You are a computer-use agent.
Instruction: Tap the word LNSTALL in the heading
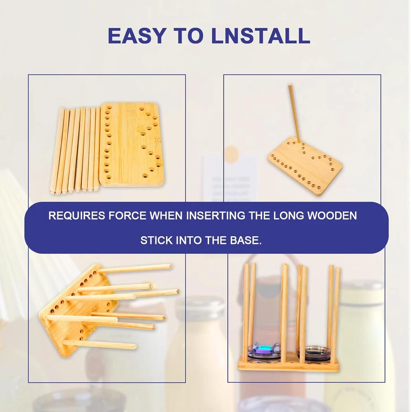tap(261, 35)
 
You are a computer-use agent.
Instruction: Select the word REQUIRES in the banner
tap(77, 216)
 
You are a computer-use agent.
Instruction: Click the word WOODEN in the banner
tap(332, 216)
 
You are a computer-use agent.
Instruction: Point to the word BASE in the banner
tap(246, 241)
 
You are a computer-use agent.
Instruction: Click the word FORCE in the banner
tap(127, 216)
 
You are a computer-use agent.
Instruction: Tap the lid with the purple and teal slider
tap(264, 352)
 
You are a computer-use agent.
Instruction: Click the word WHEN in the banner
tap(166, 216)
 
